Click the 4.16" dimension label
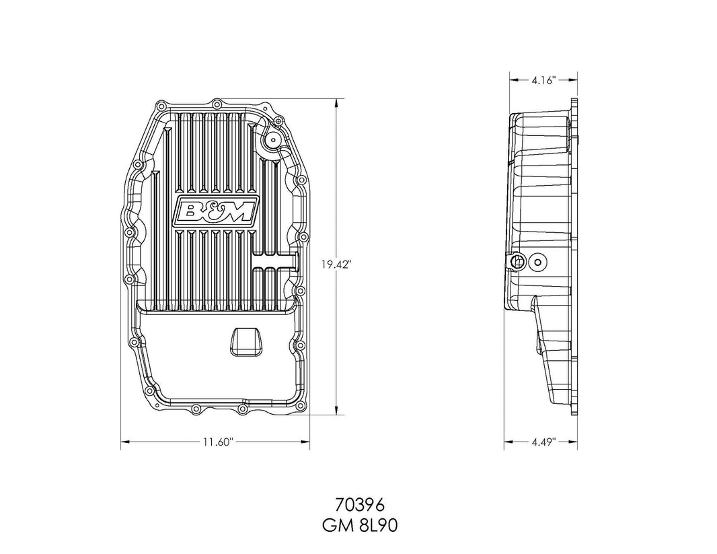coord(541,80)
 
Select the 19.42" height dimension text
coord(334,265)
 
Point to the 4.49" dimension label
coord(541,442)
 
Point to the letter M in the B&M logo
coord(237,213)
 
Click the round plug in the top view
coord(273,141)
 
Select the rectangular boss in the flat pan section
coord(243,341)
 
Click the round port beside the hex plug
coord(538,262)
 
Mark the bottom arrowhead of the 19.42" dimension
coord(334,412)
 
